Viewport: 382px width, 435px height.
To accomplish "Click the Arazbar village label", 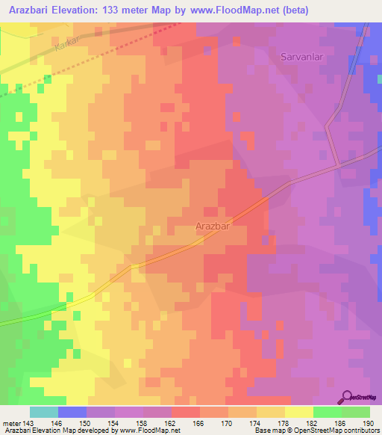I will pyautogui.click(x=212, y=224).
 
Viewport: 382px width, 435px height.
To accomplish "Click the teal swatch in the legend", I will pyautogui.click(x=43, y=412).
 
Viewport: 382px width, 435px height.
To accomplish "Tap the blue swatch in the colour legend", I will pyautogui.click(x=72, y=412).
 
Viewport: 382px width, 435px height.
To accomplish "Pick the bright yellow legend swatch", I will pyautogui.click(x=298, y=412).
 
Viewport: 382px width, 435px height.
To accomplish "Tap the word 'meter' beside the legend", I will pyautogui.click(x=10, y=422).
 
